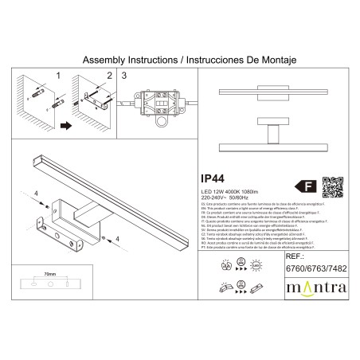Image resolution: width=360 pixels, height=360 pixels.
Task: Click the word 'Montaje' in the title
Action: point(257,60)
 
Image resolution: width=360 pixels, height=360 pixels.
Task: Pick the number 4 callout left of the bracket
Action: point(36,194)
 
